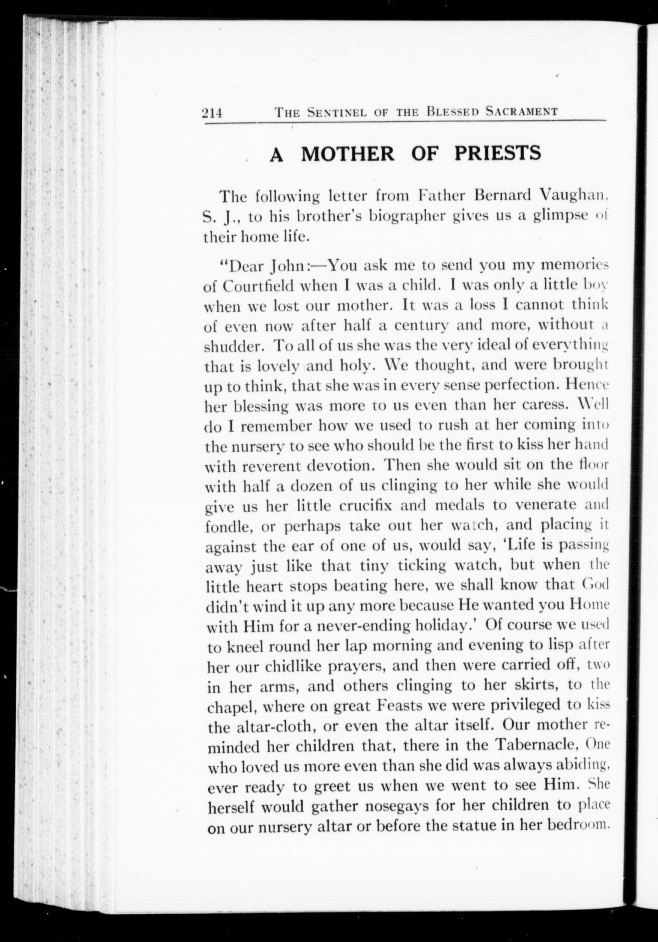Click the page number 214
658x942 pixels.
point(212,112)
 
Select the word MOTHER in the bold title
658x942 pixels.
point(348,154)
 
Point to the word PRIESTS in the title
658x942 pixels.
point(498,154)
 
